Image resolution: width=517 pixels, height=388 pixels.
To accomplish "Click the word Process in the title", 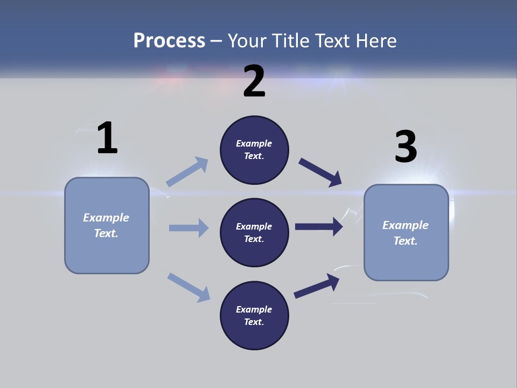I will pyautogui.click(x=169, y=41).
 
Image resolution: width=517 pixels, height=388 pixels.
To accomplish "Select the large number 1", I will pyautogui.click(x=107, y=138).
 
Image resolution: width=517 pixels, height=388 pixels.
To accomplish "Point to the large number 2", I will pyautogui.click(x=254, y=81).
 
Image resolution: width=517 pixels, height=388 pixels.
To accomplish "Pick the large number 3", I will pyautogui.click(x=406, y=147).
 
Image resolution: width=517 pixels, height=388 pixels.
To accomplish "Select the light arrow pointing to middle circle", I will pyautogui.click(x=188, y=228).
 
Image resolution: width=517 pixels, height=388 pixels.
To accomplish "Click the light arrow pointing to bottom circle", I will pyautogui.click(x=188, y=287).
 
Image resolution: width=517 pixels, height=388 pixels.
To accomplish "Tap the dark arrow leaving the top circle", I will pyautogui.click(x=321, y=172).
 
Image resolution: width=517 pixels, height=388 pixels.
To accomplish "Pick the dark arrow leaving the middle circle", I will pyautogui.click(x=319, y=226).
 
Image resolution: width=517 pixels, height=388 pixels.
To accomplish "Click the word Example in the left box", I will pyautogui.click(x=106, y=218).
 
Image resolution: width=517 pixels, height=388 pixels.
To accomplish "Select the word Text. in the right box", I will pyautogui.click(x=406, y=241).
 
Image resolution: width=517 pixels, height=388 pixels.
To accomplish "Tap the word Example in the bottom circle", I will pyautogui.click(x=254, y=309).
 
